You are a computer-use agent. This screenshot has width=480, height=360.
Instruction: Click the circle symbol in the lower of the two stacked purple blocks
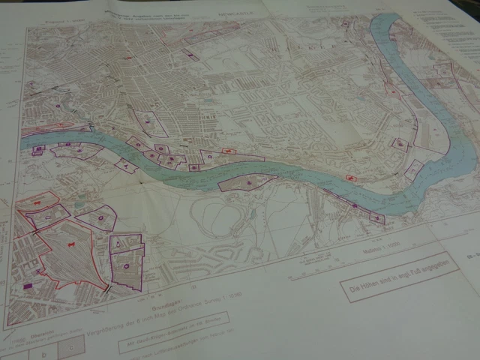tap(127, 265)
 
